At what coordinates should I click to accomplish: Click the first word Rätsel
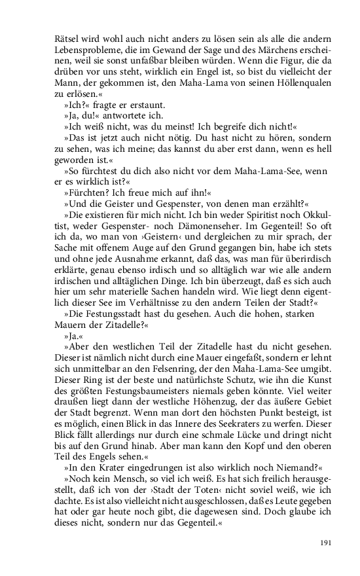coord(68,36)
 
